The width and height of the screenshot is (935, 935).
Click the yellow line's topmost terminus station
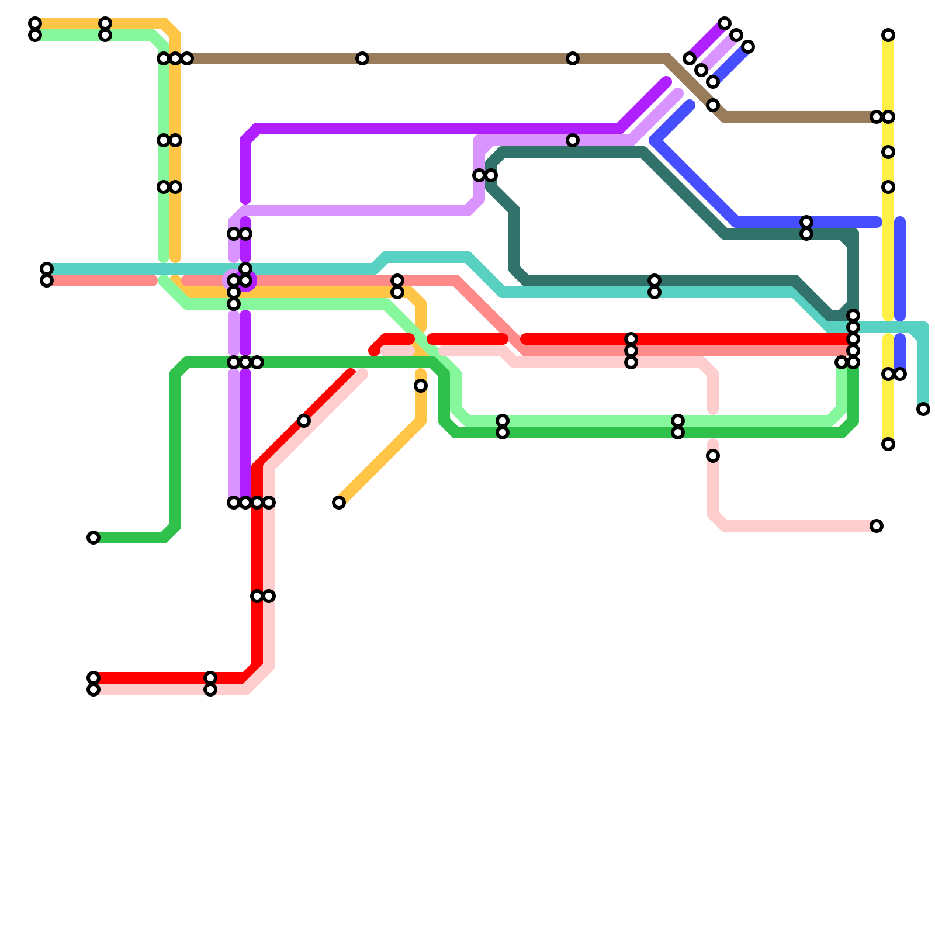[x=888, y=35]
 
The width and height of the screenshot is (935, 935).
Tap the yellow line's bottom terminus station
[x=888, y=444]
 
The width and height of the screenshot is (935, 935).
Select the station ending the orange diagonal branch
[x=339, y=503]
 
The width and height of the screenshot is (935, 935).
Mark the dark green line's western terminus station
[x=93, y=538]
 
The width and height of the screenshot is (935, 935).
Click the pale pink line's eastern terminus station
[x=877, y=526]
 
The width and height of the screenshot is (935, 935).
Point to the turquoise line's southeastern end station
[x=923, y=409]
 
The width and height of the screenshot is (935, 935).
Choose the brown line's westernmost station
[x=187, y=58]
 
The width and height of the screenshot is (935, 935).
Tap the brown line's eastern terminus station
[x=877, y=117]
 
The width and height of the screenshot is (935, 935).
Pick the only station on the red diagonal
[x=304, y=421]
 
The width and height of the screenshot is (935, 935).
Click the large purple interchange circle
[x=240, y=281]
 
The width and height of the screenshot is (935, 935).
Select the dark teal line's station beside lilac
[x=491, y=175]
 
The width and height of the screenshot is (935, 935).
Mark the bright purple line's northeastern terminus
[x=725, y=23]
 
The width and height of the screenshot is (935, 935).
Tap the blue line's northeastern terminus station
[x=748, y=47]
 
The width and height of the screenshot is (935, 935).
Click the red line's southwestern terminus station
[x=93, y=678]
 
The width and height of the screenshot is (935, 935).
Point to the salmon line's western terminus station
[x=47, y=280]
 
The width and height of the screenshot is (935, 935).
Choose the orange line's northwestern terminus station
[x=35, y=23]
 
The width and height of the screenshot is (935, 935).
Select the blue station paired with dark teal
[x=806, y=222]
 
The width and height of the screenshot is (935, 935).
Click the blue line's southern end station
[x=900, y=374]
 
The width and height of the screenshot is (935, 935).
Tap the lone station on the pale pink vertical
[x=713, y=456]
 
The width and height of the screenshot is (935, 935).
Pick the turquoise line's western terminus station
[x=47, y=269]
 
